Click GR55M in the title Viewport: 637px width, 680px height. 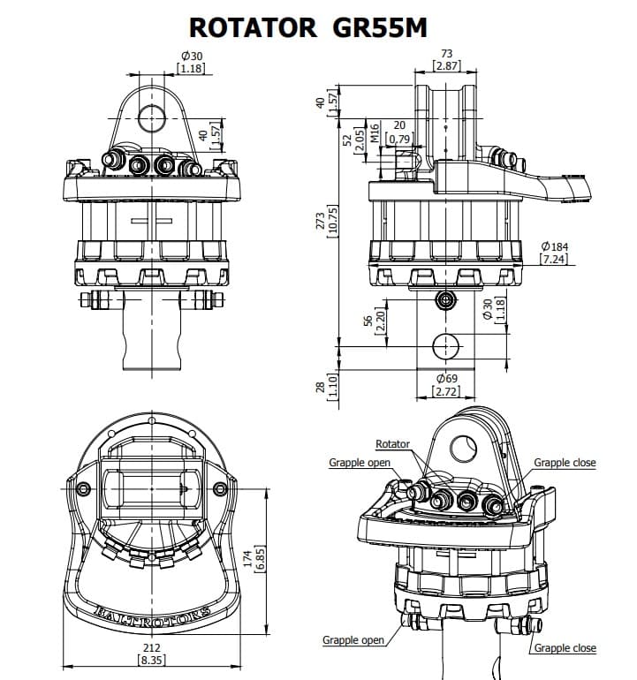(381, 27)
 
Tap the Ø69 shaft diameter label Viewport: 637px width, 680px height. (445, 378)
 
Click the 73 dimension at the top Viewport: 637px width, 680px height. (446, 55)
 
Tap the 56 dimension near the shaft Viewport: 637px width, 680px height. (368, 321)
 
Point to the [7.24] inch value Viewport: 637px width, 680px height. (553, 259)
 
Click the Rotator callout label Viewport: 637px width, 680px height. (392, 444)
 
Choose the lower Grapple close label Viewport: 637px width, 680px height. (565, 648)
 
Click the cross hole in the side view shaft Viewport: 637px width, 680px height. (445, 344)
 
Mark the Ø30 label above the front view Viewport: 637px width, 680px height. (191, 55)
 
